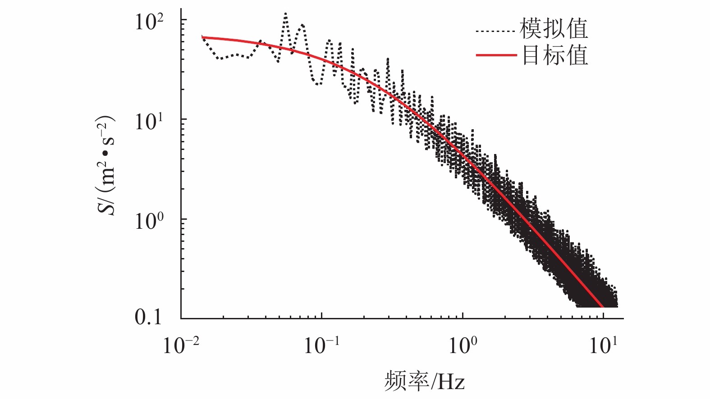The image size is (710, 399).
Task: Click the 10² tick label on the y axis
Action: [150, 22]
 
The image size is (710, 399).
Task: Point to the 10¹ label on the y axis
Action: [150, 121]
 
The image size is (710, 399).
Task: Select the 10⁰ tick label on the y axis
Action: [150, 221]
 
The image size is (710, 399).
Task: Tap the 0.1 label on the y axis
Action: [148, 317]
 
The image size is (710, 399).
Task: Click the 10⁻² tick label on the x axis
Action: [181, 346]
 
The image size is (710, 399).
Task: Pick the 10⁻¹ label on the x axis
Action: [321, 346]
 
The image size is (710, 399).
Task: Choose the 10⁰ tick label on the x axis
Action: [463, 346]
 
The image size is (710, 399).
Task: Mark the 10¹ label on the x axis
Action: [603, 346]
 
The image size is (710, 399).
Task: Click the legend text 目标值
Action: [555, 55]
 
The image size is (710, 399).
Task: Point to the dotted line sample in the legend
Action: [495, 32]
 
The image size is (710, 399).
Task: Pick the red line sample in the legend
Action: [496, 55]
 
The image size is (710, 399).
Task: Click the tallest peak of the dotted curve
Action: [285, 14]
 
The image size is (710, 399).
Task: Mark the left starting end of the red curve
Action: [202, 37]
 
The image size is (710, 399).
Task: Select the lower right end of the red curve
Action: [603, 306]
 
